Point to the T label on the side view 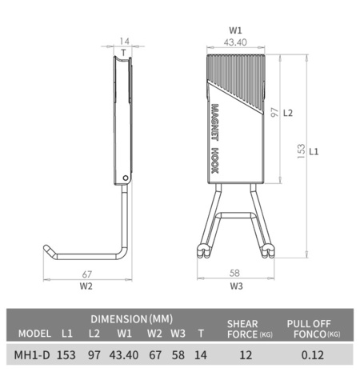(123, 54)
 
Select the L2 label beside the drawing (289, 113)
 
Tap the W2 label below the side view (86, 285)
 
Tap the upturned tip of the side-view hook (48, 250)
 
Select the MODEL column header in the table (34, 333)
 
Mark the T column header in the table (201, 333)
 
